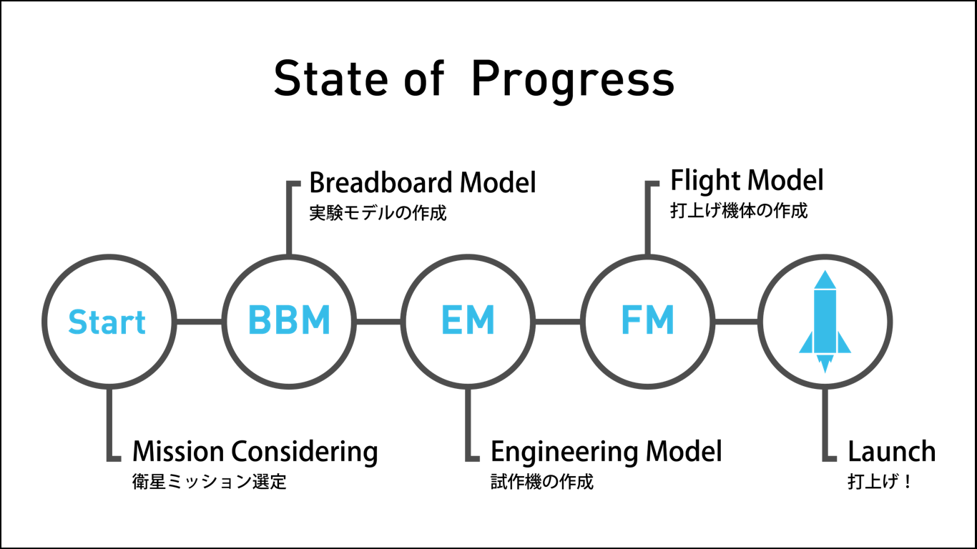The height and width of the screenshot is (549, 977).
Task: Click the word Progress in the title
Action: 573,79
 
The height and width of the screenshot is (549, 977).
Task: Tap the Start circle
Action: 107,322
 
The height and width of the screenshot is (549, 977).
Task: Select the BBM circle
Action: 289,322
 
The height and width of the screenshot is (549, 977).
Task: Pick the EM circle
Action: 468,322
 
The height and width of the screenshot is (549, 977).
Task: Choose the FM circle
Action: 647,322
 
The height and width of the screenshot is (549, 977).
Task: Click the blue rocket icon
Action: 825,321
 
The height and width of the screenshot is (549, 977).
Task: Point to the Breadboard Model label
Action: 422,183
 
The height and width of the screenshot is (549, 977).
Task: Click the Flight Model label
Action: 747,180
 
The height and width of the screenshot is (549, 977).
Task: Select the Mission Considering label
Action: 255,452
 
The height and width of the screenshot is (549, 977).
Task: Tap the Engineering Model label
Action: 606,452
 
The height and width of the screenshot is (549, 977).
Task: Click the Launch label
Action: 891,452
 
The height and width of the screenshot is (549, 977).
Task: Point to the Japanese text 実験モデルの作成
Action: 378,213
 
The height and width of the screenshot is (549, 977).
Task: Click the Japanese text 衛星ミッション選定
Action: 210,482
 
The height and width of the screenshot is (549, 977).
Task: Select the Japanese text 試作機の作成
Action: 542,482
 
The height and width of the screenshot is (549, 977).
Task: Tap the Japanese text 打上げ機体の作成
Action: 739,211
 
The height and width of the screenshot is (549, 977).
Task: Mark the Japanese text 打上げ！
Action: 879,482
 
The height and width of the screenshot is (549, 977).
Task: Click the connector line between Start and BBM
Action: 198,322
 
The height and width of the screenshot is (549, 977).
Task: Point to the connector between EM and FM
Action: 557,322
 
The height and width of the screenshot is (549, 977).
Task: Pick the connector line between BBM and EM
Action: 378,322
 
